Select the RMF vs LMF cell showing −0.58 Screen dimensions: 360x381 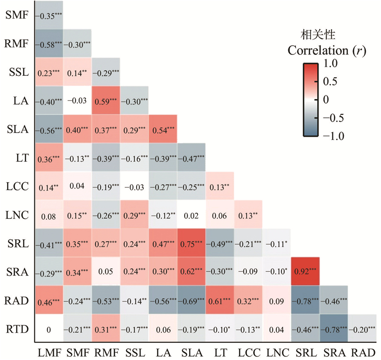50,44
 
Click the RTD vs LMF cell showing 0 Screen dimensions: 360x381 50,329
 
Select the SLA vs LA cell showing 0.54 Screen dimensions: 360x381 163,129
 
